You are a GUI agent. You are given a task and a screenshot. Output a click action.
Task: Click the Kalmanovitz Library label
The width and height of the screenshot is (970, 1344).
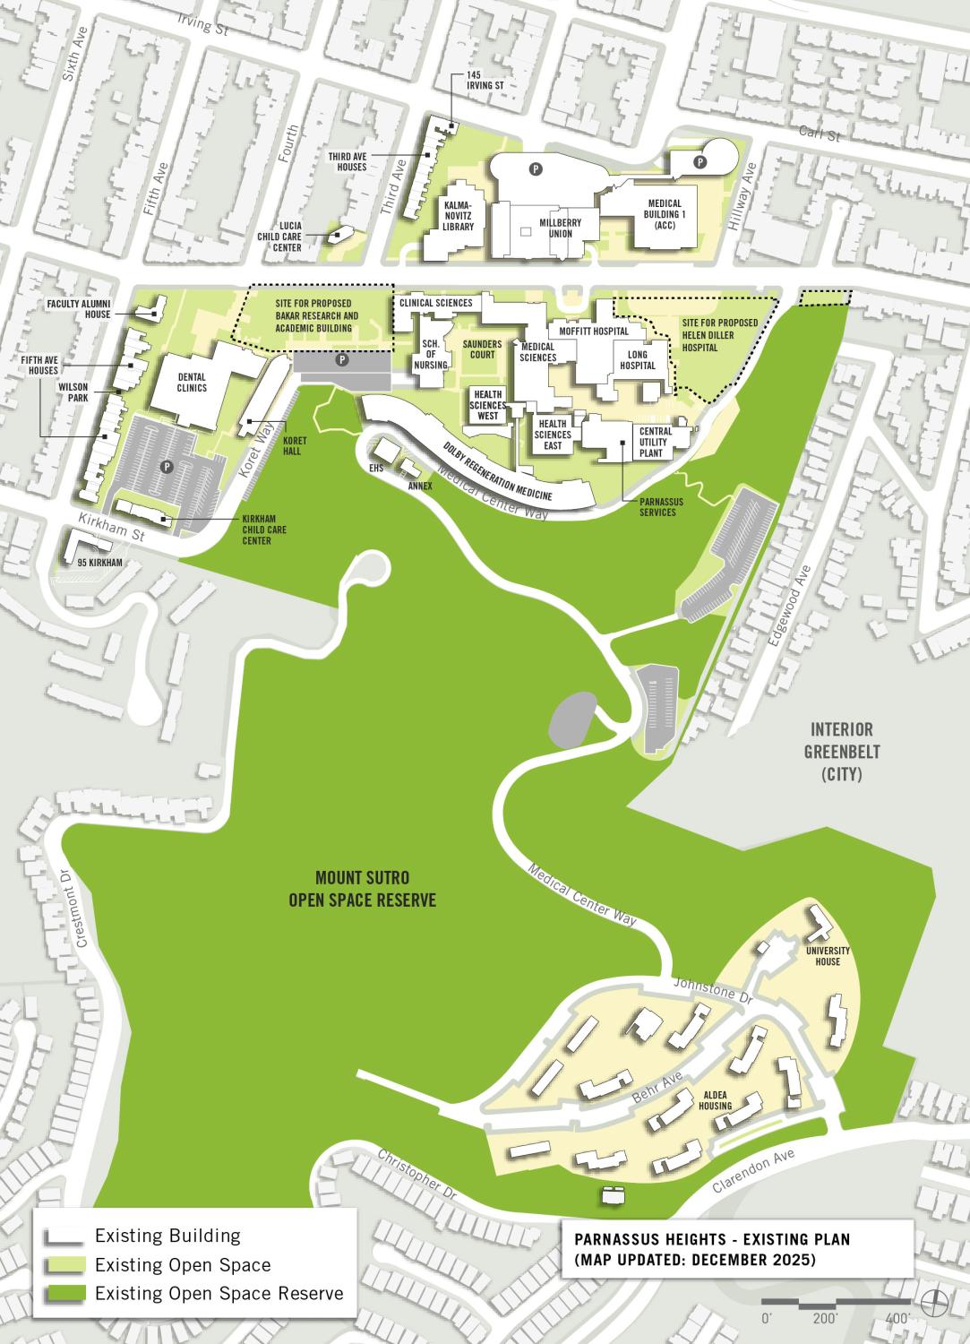pos(458,216)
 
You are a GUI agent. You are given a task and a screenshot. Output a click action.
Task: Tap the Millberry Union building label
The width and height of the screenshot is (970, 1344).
pos(556,228)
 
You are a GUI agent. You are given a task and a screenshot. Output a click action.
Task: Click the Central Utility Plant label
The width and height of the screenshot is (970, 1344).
pos(656,443)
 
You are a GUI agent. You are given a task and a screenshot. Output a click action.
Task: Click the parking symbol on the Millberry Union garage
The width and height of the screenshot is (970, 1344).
pos(537,168)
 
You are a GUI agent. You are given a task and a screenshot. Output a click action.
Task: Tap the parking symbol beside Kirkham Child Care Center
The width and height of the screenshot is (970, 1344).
pos(166,467)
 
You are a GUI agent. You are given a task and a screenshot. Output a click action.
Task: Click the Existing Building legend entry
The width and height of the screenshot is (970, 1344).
pos(167,1236)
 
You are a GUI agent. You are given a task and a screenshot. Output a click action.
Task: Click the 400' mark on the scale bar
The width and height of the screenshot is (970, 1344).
pos(897,1318)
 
